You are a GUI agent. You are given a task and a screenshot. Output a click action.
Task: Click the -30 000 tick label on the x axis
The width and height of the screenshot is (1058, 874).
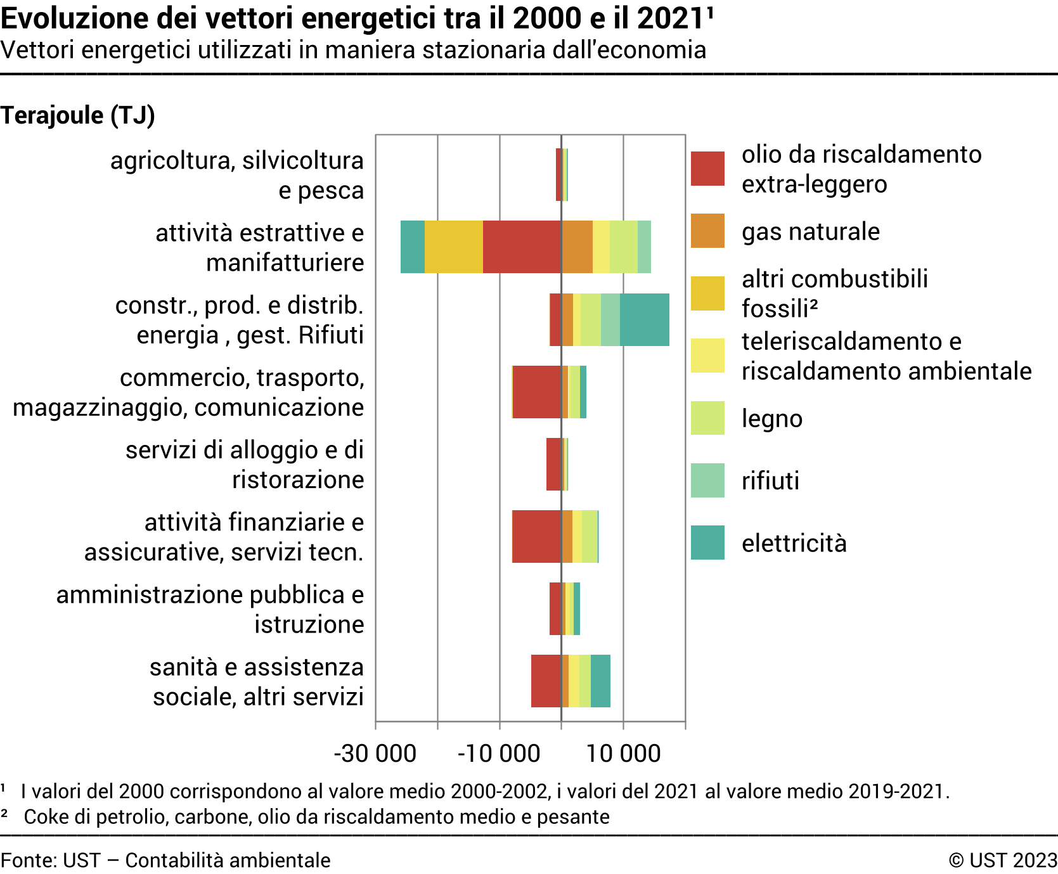(x=375, y=754)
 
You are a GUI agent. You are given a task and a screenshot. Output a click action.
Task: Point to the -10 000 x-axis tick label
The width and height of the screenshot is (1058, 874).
(x=499, y=754)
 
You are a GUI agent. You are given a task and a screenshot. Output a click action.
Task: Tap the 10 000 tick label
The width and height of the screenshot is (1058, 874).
(x=623, y=754)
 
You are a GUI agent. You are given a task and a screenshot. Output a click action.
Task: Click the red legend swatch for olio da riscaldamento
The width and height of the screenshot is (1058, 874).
(x=707, y=169)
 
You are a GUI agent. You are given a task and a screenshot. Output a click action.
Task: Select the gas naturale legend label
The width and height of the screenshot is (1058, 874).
(x=811, y=231)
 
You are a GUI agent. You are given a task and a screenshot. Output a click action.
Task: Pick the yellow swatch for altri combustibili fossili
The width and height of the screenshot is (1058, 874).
(x=707, y=293)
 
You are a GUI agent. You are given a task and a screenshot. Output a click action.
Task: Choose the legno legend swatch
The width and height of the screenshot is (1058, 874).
(x=707, y=418)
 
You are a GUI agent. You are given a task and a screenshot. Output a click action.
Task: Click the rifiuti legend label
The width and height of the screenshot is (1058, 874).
(x=770, y=480)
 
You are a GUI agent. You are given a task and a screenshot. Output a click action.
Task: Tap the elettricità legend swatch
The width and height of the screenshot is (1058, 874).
(x=707, y=543)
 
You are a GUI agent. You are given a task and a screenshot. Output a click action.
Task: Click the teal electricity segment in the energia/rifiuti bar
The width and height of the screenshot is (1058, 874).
(x=645, y=319)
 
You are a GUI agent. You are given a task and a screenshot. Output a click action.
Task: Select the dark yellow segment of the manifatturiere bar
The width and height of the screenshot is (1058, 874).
(x=453, y=247)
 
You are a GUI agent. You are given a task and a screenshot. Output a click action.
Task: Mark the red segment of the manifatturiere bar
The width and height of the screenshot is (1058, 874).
(x=522, y=247)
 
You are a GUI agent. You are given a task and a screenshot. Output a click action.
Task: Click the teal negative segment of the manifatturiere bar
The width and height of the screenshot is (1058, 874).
(x=413, y=247)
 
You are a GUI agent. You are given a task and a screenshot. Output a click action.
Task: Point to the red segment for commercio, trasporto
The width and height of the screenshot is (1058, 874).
(x=537, y=392)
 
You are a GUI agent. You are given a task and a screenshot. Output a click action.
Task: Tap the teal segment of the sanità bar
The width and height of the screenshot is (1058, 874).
(x=600, y=681)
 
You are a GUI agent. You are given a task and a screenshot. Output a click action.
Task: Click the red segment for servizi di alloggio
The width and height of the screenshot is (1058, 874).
(x=553, y=464)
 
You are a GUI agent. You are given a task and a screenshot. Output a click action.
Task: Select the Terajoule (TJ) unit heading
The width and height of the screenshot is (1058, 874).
(x=78, y=115)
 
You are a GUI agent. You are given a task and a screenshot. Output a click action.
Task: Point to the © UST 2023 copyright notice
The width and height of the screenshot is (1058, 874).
(x=1003, y=860)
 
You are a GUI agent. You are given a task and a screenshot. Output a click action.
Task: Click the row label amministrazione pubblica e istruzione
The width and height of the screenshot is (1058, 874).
(x=210, y=609)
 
